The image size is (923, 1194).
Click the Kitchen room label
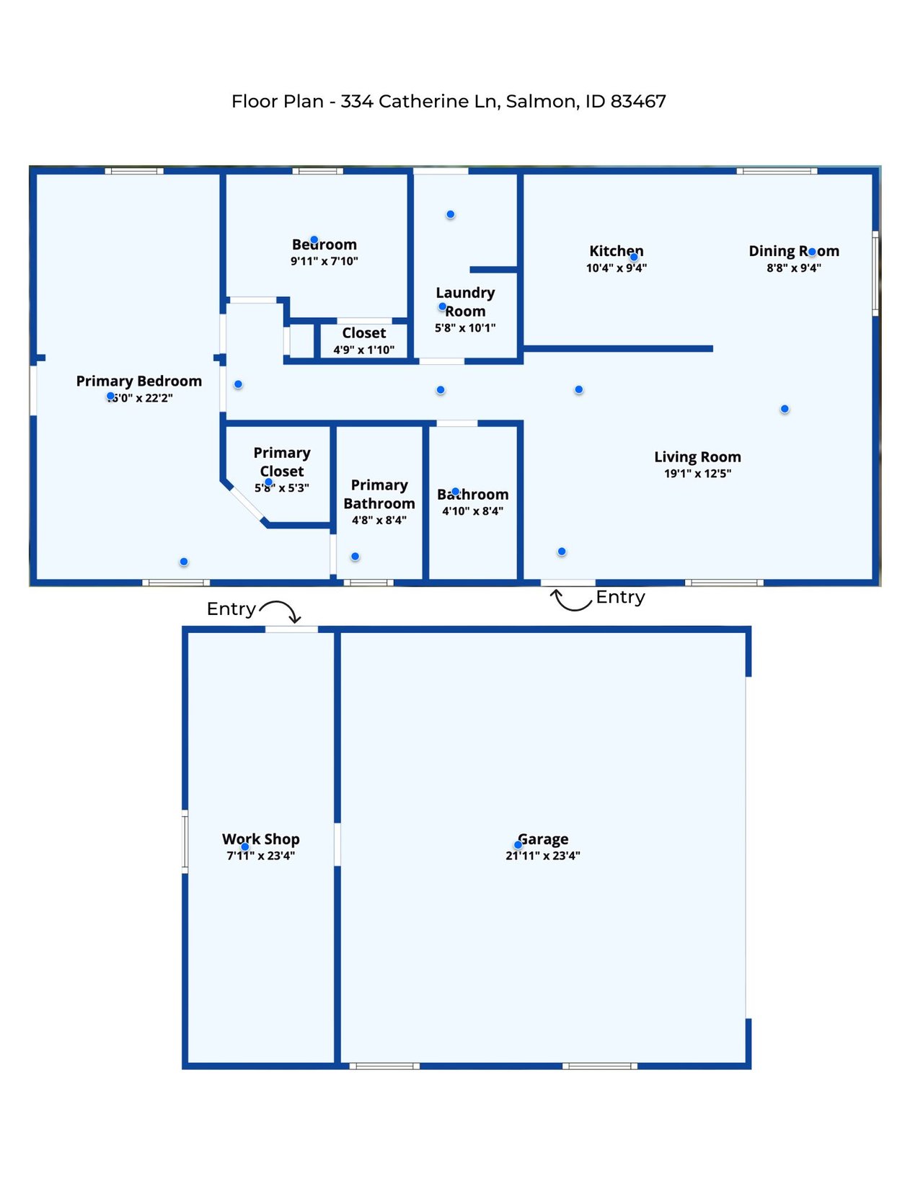click(x=616, y=251)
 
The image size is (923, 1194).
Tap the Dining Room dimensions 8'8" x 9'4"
click(x=793, y=268)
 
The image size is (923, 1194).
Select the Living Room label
click(x=697, y=457)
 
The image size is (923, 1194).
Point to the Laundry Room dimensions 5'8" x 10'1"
click(x=465, y=328)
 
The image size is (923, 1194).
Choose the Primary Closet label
click(x=282, y=461)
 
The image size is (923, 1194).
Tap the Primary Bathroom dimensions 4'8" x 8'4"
click(x=379, y=521)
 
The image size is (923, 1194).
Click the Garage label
click(x=543, y=839)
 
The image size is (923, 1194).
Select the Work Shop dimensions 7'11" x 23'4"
click(x=261, y=856)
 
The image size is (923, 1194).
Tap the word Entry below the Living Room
click(x=620, y=598)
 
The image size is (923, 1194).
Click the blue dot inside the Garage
click(x=518, y=845)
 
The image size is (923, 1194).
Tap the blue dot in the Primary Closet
click(x=268, y=482)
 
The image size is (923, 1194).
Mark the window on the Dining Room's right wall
click(x=875, y=273)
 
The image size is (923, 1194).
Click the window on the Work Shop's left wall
click(x=185, y=841)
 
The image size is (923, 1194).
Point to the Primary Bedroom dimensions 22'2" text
click(x=159, y=398)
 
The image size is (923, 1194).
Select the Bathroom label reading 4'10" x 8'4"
click(x=472, y=503)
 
